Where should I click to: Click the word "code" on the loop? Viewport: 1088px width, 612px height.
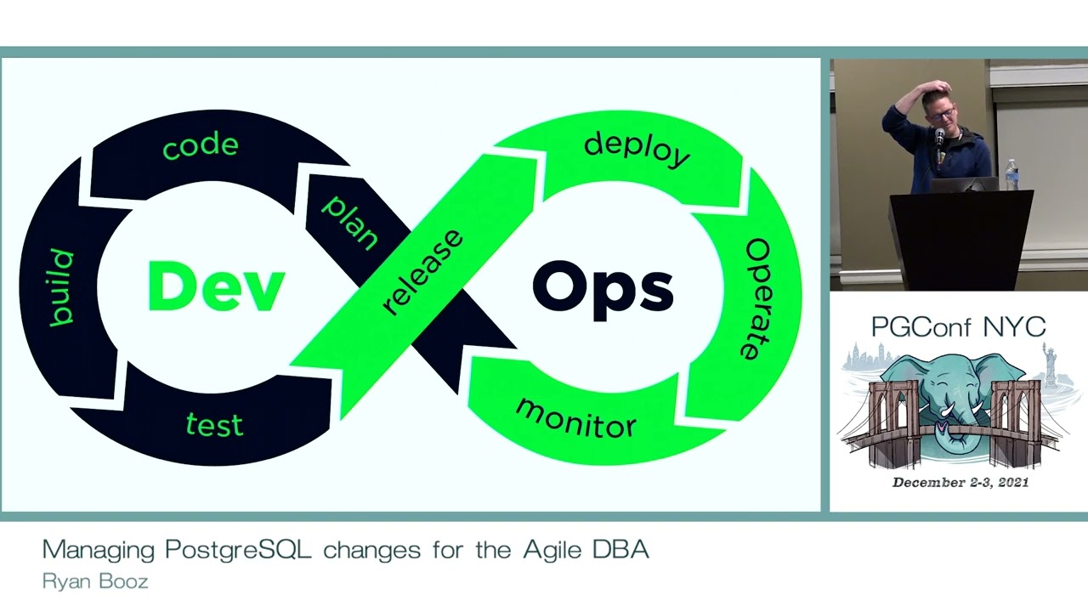(x=201, y=146)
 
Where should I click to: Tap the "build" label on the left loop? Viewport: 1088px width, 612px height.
(x=61, y=287)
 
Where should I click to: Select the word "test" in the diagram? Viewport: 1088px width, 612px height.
(x=214, y=424)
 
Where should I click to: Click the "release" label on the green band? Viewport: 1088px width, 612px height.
(x=422, y=271)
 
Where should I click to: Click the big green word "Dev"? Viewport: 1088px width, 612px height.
(x=216, y=287)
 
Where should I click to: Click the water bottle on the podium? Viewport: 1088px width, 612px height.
(x=1011, y=174)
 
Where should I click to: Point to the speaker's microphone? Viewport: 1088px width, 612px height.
(x=939, y=139)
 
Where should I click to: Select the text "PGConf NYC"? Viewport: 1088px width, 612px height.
(x=958, y=327)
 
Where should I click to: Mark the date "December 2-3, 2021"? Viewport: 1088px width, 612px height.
(x=960, y=483)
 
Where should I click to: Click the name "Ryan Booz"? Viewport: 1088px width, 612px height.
(x=95, y=582)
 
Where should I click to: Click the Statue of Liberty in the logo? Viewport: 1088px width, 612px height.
(x=1051, y=361)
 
